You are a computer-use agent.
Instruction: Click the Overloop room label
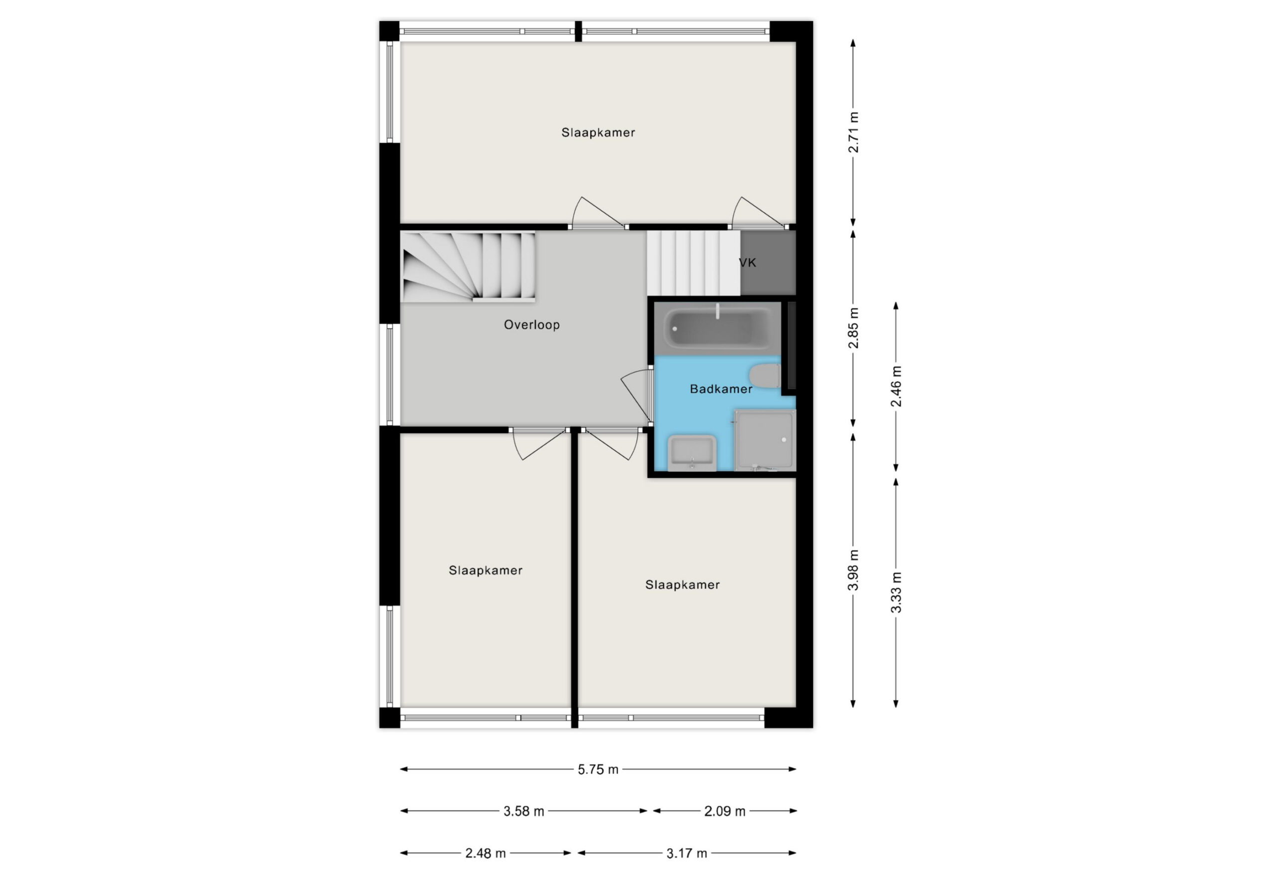click(531, 325)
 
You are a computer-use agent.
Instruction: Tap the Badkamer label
click(721, 389)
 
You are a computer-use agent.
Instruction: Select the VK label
click(747, 263)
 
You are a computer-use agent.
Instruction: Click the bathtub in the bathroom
click(718, 328)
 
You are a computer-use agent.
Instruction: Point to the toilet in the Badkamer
click(765, 376)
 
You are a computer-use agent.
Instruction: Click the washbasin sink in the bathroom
click(692, 453)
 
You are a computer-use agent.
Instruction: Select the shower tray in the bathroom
click(764, 441)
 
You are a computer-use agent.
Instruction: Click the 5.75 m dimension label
click(598, 769)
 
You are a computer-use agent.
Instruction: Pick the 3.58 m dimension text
click(524, 811)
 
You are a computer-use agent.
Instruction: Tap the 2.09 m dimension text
click(725, 811)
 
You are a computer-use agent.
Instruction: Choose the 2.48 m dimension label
click(485, 854)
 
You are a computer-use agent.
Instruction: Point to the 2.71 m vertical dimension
click(853, 133)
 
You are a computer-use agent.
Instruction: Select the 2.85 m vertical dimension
click(853, 328)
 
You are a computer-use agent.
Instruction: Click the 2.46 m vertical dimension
click(896, 386)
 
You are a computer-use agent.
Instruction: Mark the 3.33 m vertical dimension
click(896, 593)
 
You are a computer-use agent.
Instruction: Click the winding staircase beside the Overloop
click(468, 266)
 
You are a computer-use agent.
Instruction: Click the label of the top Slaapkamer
click(598, 133)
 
